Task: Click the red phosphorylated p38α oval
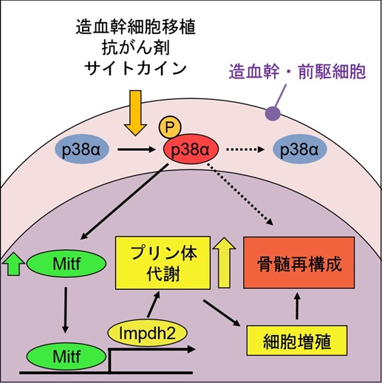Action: [x=191, y=150]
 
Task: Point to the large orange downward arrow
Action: [x=137, y=112]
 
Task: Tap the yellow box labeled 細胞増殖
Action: [x=297, y=342]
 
